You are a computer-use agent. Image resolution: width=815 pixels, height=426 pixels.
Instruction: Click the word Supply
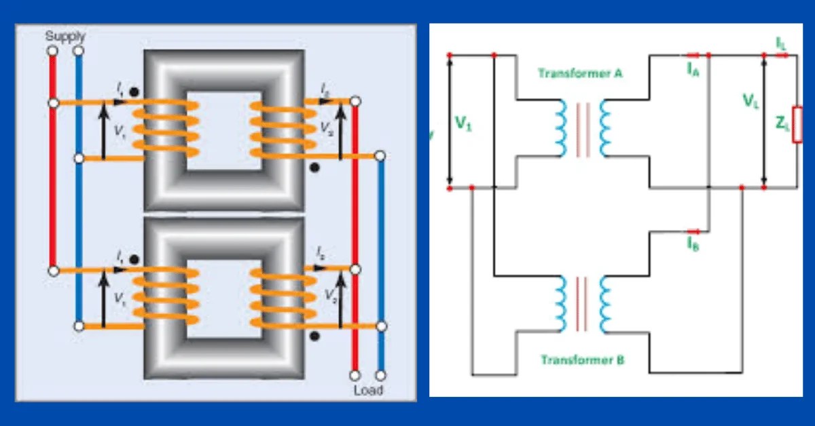pyautogui.click(x=65, y=35)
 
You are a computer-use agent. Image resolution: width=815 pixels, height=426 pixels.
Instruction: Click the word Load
pyautogui.click(x=367, y=390)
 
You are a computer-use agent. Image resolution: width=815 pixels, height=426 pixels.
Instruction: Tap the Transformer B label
pyautogui.click(x=582, y=360)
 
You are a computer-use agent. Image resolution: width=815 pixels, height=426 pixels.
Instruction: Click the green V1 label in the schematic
pyautogui.click(x=463, y=124)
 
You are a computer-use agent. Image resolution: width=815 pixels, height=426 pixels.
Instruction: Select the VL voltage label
pyautogui.click(x=750, y=102)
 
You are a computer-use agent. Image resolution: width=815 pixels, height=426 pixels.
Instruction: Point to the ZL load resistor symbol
pyautogui.click(x=797, y=124)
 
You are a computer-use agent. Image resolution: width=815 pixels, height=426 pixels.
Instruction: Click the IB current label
pyautogui.click(x=692, y=244)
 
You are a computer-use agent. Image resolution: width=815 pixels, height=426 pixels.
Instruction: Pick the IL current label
pyautogui.click(x=782, y=42)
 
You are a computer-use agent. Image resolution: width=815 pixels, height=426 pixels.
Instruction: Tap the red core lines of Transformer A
pyautogui.click(x=582, y=129)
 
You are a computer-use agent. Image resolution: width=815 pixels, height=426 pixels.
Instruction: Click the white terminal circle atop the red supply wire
pyautogui.click(x=52, y=51)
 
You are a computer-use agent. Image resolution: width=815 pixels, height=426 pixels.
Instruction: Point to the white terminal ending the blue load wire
pyautogui.click(x=380, y=374)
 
